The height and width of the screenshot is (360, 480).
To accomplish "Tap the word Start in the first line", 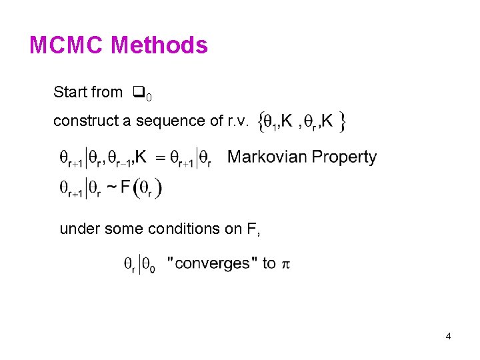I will click(x=69, y=92).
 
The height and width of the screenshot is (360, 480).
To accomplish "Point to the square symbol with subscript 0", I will click(x=139, y=93).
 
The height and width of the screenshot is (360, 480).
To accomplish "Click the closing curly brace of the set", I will click(x=342, y=121).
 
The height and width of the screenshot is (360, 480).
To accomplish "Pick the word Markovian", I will click(x=264, y=157).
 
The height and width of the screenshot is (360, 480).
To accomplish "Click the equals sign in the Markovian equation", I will click(x=160, y=159).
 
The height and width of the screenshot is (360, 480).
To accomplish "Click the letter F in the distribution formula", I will click(x=125, y=187).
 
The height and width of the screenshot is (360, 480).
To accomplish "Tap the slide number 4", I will click(x=448, y=336).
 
